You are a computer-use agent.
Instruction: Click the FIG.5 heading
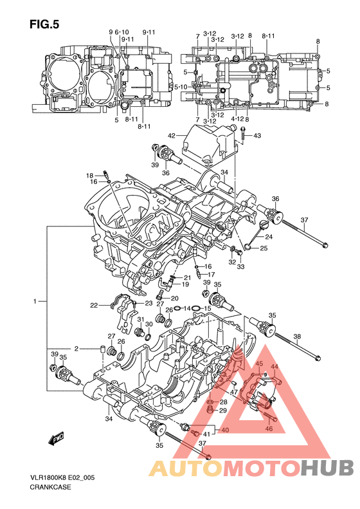[x=44, y=24]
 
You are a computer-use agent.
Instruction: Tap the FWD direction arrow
[x=56, y=438]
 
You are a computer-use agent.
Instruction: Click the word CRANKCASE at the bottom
[x=50, y=487]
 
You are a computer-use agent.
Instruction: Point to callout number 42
[x=171, y=135]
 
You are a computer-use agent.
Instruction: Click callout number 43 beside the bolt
[x=257, y=135]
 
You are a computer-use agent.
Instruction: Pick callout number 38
[x=297, y=337]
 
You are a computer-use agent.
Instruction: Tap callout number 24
[x=269, y=237]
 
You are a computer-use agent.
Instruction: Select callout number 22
[x=94, y=306]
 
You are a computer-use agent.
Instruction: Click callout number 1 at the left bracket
[x=35, y=302]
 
